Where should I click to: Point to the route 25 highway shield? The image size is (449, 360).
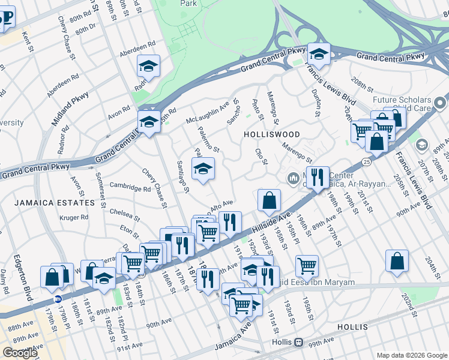tap(366, 161)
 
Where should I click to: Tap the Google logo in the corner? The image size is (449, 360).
tap(20, 353)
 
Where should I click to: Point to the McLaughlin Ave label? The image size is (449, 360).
tap(208, 111)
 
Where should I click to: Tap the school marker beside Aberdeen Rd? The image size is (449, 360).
tap(148, 66)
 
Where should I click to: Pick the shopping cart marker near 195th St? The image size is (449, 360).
tap(307, 265)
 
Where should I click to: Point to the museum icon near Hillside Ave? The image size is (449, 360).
tap(294, 178)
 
